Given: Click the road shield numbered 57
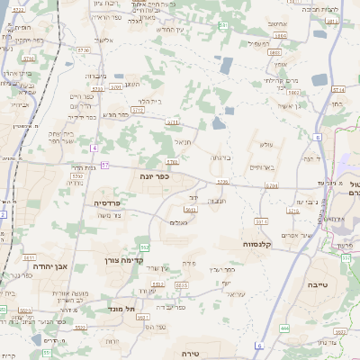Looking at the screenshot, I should click(x=105, y=165).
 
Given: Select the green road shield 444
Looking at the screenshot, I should click(x=284, y=328).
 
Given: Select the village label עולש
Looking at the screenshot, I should click(x=265, y=144).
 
